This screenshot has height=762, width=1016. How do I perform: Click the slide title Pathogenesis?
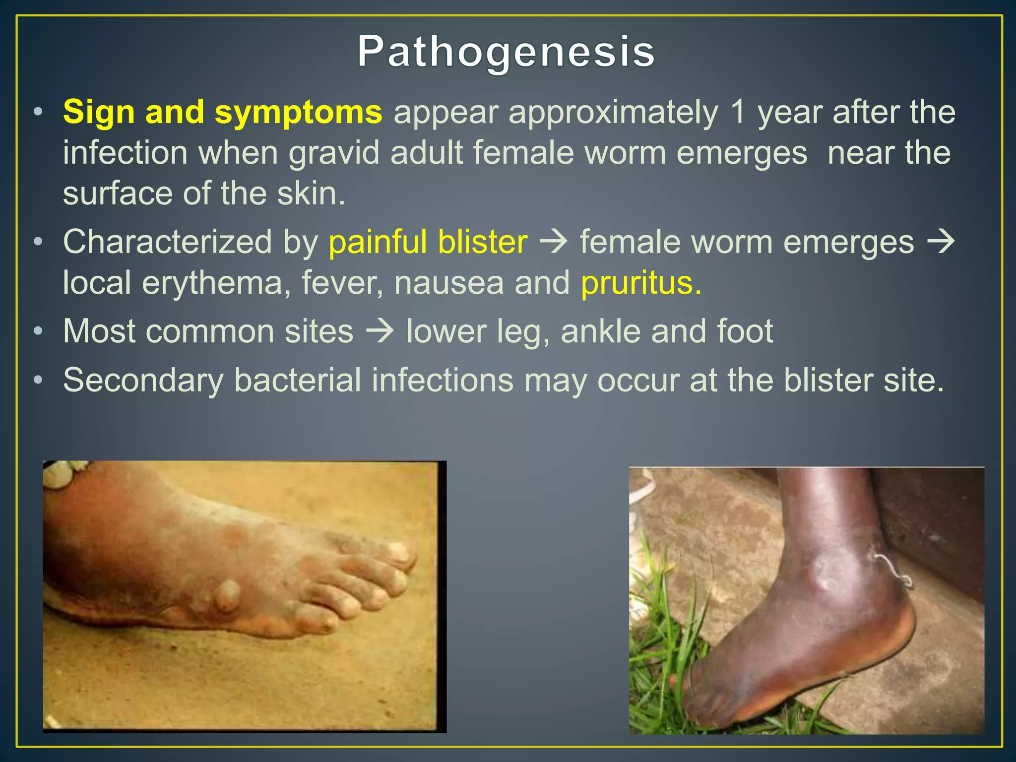click(x=506, y=52)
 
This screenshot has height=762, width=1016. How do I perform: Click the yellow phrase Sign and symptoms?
click(x=222, y=112)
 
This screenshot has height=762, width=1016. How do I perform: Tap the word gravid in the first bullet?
click(x=336, y=153)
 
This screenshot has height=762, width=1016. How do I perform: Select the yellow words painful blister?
click(x=428, y=243)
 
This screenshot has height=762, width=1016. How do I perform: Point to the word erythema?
click(x=212, y=283)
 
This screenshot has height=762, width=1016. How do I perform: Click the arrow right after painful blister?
click(x=554, y=242)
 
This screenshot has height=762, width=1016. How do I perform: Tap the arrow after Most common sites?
click(x=380, y=331)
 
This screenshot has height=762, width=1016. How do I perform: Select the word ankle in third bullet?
click(x=600, y=331)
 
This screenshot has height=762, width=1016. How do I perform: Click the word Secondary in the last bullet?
click(x=143, y=381)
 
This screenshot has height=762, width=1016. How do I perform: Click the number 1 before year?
click(x=738, y=112)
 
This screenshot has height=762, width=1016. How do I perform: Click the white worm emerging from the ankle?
click(x=895, y=571)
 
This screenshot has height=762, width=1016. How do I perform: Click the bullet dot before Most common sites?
click(x=38, y=331)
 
